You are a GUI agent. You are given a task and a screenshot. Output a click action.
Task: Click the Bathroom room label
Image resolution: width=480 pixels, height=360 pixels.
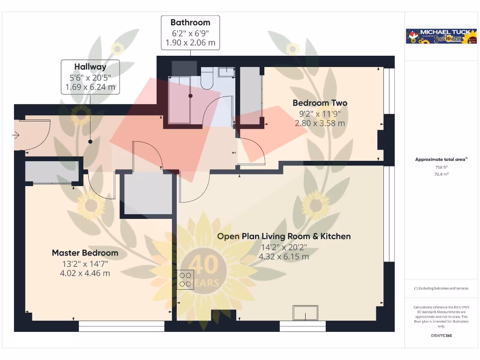tap(190, 22)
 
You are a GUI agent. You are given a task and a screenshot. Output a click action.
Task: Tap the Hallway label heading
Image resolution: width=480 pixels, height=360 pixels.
tap(90, 67)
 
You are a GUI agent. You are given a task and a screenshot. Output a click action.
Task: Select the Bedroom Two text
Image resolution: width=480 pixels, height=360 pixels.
tap(320, 103)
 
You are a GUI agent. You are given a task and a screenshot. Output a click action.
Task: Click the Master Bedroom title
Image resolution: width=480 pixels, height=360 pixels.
tap(85, 253)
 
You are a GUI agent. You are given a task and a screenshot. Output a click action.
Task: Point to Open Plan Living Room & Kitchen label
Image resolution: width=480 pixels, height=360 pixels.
tap(284, 236)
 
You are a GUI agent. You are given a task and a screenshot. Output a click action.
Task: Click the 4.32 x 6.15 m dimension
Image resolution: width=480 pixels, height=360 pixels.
tap(284, 257)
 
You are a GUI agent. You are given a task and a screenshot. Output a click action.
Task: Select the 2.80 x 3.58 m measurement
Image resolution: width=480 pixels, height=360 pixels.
tap(320, 123)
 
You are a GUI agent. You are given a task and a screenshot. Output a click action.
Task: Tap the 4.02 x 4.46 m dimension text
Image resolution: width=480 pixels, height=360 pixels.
tap(85, 273)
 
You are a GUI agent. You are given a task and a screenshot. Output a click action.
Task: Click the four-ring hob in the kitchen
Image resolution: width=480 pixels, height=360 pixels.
tap(186, 279)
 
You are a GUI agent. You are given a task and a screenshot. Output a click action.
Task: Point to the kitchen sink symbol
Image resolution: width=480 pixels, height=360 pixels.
tap(305, 313)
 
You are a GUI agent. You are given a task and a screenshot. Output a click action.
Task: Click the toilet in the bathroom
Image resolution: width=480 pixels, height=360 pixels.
tap(207, 78)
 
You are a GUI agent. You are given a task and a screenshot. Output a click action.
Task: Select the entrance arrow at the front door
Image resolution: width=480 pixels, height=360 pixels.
tap(16, 135)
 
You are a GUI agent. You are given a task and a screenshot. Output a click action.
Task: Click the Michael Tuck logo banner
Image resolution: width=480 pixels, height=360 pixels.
tap(441, 37)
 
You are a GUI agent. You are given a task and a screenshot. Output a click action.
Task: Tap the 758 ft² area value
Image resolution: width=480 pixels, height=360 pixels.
tap(441, 167)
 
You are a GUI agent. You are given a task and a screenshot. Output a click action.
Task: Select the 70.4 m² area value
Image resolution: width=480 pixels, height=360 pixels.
tap(441, 174)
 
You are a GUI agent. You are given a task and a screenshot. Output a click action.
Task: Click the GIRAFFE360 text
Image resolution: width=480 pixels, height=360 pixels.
tap(441, 336)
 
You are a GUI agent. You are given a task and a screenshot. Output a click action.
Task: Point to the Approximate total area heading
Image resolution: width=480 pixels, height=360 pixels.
tap(441, 159)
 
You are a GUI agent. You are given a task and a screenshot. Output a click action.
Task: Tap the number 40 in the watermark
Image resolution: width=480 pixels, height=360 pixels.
tap(204, 265)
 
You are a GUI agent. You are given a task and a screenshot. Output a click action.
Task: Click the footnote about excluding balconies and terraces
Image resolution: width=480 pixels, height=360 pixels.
tap(441, 288)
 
